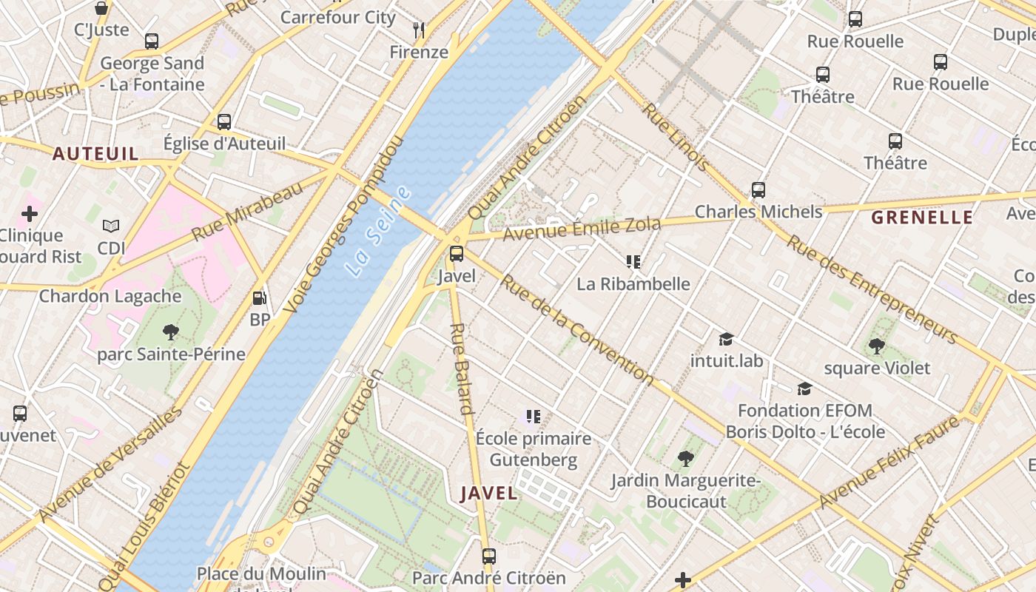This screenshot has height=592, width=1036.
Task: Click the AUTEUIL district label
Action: (95, 154)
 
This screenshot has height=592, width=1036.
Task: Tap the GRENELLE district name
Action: (922, 218)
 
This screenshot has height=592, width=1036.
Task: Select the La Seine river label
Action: (378, 232)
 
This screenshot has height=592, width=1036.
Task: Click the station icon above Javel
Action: (457, 254)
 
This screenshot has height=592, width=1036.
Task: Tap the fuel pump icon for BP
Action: (260, 298)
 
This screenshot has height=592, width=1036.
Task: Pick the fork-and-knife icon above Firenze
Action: (419, 30)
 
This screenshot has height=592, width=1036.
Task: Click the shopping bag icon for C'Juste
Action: (101, 8)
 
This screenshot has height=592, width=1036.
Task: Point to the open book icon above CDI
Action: (111, 226)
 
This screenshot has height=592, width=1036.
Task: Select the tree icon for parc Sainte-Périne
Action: (171, 332)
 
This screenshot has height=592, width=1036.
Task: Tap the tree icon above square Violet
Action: (877, 346)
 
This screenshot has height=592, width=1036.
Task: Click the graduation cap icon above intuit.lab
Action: (726, 339)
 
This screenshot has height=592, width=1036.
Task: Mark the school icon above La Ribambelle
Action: (633, 261)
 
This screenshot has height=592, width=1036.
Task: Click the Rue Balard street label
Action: (461, 368)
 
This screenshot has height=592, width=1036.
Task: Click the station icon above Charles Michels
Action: (758, 189)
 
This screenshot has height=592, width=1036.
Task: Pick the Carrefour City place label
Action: (338, 17)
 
